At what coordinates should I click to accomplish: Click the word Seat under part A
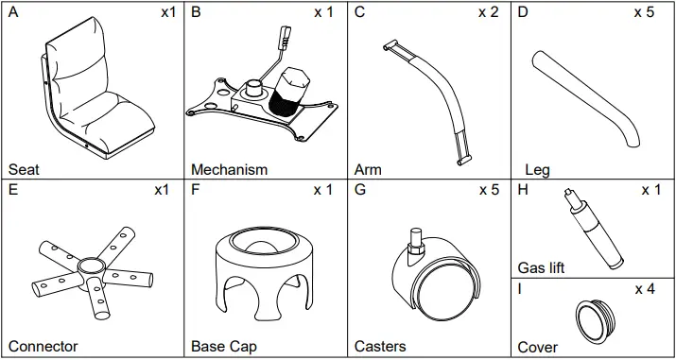point(24,169)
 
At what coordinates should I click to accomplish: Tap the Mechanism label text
point(229,169)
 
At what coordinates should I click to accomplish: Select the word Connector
point(43,346)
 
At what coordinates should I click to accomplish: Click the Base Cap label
point(224,346)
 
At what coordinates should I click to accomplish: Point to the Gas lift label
point(541,267)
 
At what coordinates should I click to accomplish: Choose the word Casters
point(380,346)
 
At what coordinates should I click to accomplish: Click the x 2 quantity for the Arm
point(489,12)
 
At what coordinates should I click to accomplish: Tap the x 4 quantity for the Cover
point(645,289)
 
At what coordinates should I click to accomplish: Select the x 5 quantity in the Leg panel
point(644,12)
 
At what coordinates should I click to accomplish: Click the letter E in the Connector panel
point(13,190)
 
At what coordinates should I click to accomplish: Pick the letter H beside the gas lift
point(523,190)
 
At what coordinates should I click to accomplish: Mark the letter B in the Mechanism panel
point(196,12)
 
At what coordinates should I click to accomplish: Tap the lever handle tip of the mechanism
point(286,33)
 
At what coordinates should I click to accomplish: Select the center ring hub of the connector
point(89,265)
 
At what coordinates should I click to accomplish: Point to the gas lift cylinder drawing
point(593,229)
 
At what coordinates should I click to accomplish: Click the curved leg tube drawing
point(586,99)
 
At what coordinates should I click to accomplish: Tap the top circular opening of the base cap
point(264,242)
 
